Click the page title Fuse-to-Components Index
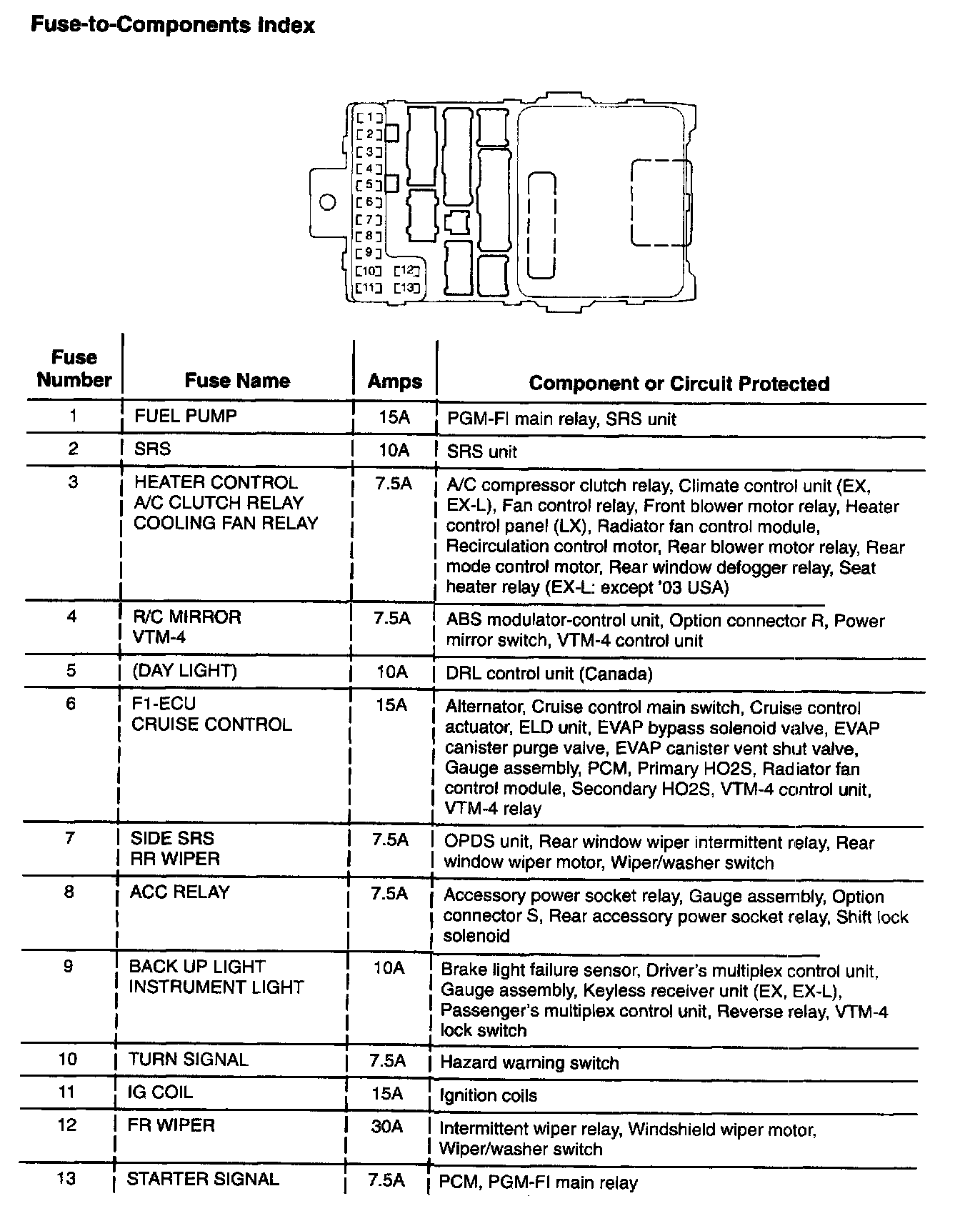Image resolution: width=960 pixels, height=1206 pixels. pyautogui.click(x=172, y=26)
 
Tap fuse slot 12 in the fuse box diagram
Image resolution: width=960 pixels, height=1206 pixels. pyautogui.click(x=408, y=271)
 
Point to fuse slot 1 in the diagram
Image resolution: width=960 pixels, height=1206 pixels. pyautogui.click(x=369, y=117)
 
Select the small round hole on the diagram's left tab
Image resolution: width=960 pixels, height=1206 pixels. pyautogui.click(x=328, y=203)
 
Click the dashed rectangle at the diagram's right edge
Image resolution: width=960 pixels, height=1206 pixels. pyautogui.click(x=661, y=203)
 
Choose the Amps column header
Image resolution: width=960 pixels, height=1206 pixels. pyautogui.click(x=394, y=382)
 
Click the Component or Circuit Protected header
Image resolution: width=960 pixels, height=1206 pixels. pyautogui.click(x=679, y=384)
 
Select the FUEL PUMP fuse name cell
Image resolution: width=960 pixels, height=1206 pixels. pyautogui.click(x=185, y=416)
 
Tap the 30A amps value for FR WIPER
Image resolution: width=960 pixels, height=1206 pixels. pyautogui.click(x=386, y=1127)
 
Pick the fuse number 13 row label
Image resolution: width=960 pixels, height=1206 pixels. pyautogui.click(x=66, y=1178)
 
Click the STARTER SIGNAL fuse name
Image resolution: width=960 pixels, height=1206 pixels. pyautogui.click(x=202, y=1179)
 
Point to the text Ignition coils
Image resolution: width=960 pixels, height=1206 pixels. pyautogui.click(x=489, y=1095)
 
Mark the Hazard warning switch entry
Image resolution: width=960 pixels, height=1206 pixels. pyautogui.click(x=529, y=1063)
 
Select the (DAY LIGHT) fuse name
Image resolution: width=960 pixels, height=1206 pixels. pyautogui.click(x=184, y=671)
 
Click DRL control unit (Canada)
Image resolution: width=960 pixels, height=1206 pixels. pyautogui.click(x=549, y=674)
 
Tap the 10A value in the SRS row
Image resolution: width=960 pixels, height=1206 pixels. pyautogui.click(x=393, y=450)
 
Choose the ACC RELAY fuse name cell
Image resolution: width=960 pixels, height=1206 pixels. pyautogui.click(x=179, y=892)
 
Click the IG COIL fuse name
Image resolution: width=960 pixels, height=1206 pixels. pyautogui.click(x=160, y=1092)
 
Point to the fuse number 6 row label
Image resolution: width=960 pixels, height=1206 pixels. pyautogui.click(x=71, y=704)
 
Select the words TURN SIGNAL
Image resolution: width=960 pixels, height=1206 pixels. pyautogui.click(x=188, y=1060)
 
